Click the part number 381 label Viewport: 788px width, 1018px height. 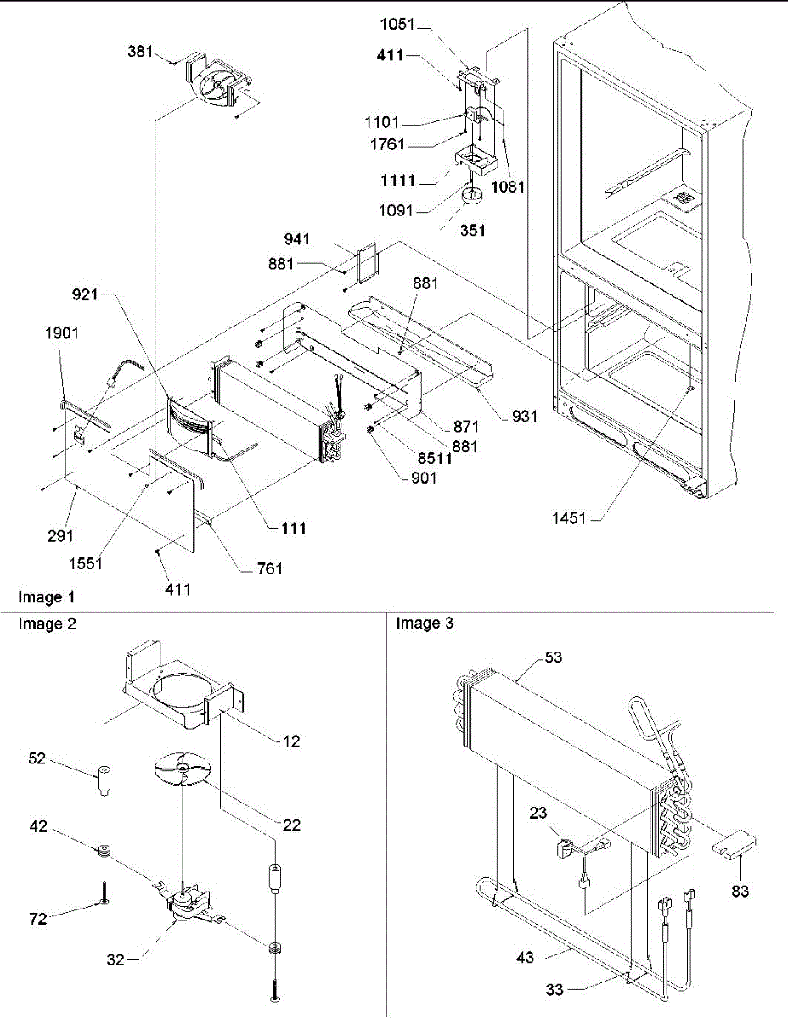point(141,52)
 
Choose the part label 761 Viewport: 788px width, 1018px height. point(272,568)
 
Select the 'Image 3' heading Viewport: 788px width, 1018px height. point(425,624)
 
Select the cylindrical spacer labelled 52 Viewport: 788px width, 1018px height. point(104,780)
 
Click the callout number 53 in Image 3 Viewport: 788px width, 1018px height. point(554,657)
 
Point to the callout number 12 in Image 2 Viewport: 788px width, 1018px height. point(290,741)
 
